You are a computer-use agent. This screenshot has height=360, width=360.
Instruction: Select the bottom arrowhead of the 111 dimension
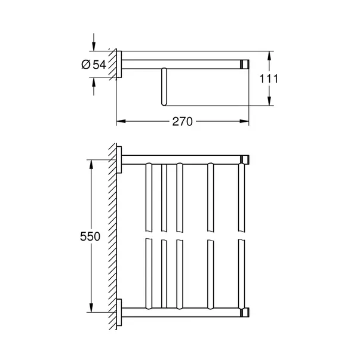[269, 101]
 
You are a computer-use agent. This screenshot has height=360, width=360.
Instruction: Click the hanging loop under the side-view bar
[163, 87]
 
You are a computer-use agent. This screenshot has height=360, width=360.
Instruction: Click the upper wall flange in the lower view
[120, 159]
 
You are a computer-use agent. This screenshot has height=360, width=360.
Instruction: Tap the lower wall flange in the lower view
[120, 312]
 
